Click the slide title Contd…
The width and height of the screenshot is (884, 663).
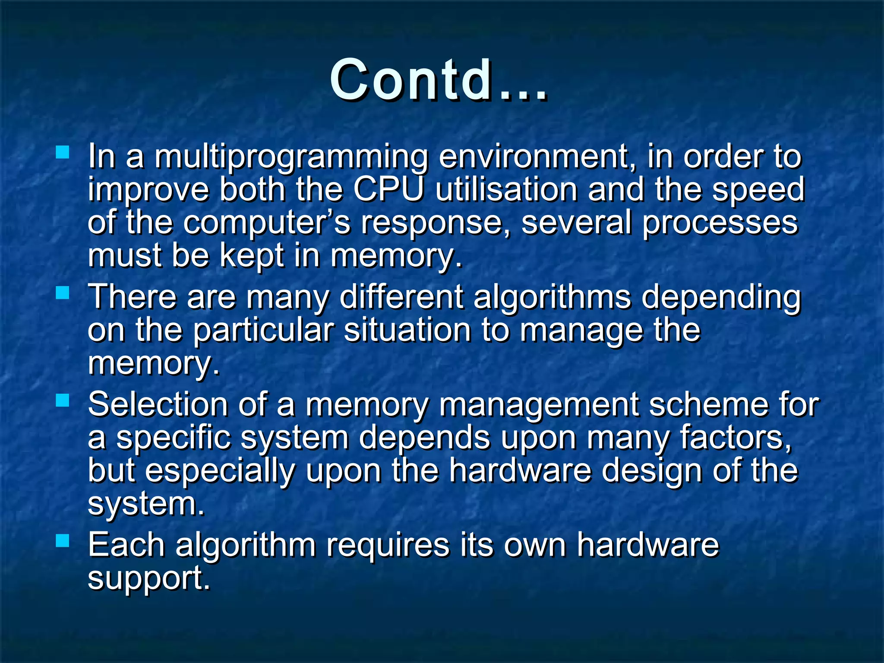tap(439, 80)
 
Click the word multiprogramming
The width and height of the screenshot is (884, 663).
tap(291, 156)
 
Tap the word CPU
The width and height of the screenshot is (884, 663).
tap(388, 189)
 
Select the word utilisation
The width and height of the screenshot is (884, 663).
tap(506, 189)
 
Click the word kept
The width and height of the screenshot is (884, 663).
tap(252, 255)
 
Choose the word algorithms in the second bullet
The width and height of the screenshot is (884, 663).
tap(552, 297)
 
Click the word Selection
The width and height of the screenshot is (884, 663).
tap(158, 404)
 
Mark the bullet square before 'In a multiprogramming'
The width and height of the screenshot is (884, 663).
tap(63, 152)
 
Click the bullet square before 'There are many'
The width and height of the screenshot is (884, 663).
tap(63, 293)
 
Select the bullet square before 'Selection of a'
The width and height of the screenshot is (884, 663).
tap(63, 400)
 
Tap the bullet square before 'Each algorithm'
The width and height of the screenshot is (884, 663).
tap(63, 540)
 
